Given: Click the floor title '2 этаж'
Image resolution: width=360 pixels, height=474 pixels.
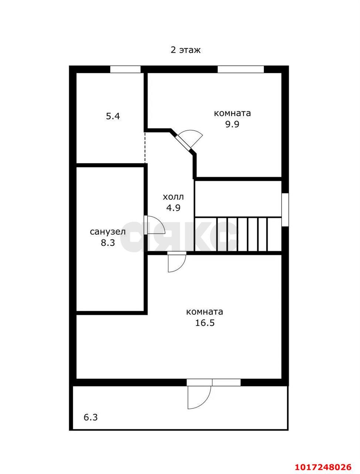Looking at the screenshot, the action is [185, 50].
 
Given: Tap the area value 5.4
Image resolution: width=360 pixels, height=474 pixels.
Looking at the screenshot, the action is [113, 116].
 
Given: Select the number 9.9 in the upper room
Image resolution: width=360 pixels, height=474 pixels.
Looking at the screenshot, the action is [232, 124].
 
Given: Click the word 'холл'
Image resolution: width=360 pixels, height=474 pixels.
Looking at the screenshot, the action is [173, 197].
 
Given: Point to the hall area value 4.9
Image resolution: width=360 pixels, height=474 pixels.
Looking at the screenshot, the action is [173, 208].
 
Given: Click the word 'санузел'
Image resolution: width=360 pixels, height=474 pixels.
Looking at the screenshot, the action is [108, 232].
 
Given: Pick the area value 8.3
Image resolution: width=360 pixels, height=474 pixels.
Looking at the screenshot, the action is [108, 243].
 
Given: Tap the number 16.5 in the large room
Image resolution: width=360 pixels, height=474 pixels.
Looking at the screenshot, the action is [205, 323].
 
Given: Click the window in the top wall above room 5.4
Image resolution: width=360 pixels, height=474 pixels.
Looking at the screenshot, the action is [125, 69].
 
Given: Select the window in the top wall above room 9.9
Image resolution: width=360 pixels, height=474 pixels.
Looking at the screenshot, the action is [241, 69].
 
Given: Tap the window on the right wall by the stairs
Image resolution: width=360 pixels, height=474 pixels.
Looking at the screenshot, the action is [285, 210].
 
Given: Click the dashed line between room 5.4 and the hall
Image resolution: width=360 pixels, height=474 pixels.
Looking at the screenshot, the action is [145, 148].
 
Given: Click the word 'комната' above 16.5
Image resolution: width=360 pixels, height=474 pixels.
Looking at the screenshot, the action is [205, 312].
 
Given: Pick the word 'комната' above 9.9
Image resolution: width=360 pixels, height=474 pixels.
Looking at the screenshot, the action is [232, 113].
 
